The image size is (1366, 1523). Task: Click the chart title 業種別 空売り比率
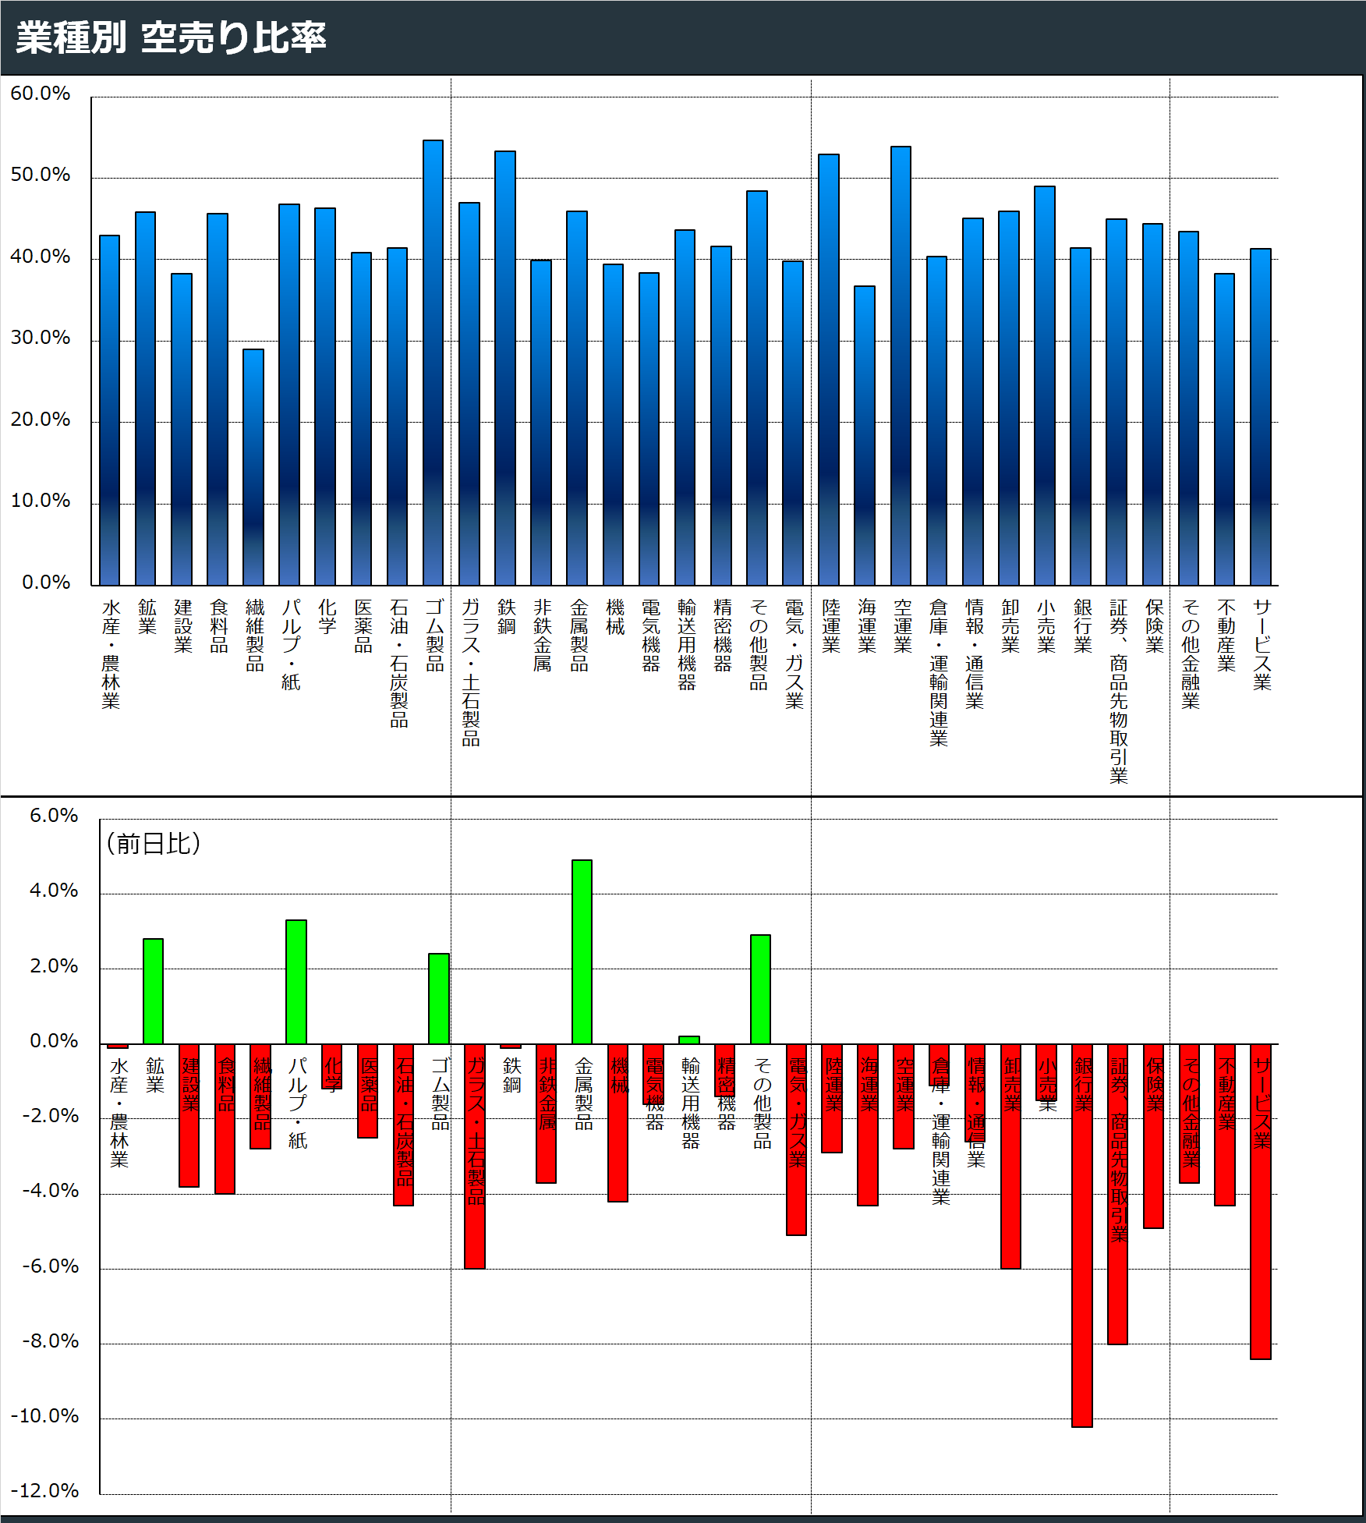coord(171,37)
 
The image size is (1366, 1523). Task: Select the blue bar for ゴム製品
coord(433,363)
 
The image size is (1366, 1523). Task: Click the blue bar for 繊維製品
coord(253,467)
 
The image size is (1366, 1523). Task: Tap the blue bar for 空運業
coord(901,366)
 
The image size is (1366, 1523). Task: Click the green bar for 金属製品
coord(582,951)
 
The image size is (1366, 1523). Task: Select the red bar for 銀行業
coord(1082,1235)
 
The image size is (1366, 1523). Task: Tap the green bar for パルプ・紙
coord(296,982)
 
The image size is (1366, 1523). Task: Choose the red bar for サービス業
coord(1261,1202)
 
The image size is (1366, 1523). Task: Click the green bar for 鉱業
coord(153,991)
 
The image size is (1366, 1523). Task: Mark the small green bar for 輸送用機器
coord(689,1040)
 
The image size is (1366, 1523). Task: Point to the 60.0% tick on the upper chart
coord(40,94)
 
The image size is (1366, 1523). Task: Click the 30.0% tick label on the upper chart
coord(40,338)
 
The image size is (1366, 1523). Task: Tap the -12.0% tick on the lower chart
coord(44,1490)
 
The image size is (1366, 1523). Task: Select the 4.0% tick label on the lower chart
coord(54,891)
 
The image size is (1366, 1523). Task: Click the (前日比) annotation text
coord(154,843)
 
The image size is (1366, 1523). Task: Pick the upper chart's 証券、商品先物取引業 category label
coord(1119,691)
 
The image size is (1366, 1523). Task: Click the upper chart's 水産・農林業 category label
coord(111,653)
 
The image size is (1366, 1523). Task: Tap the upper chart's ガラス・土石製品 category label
coord(470,672)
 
